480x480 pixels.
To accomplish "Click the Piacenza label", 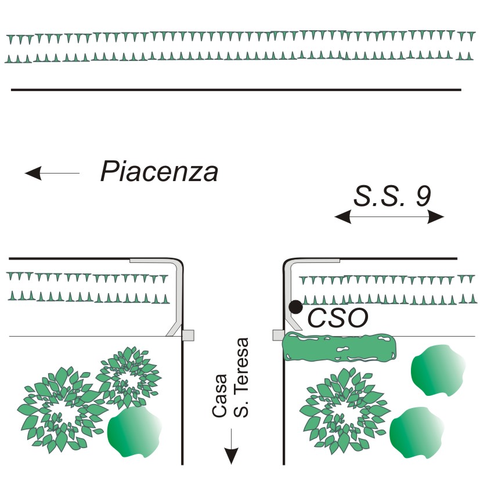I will (159, 172).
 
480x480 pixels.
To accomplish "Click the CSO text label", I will (337, 318).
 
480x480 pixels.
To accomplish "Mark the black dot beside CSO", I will (296, 306).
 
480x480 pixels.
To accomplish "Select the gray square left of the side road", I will (187, 335).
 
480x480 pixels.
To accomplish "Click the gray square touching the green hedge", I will (278, 335).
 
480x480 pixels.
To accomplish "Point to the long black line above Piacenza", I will (236, 90).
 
